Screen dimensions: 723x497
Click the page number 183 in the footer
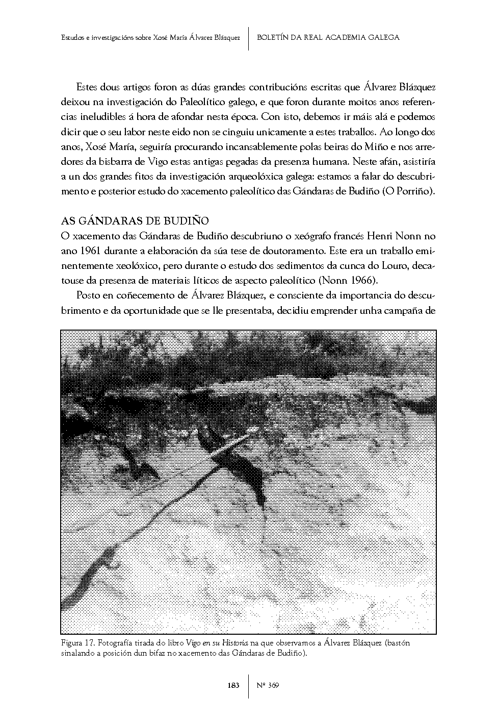pos(233,685)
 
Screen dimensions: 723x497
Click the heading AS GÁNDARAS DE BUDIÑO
pos(135,221)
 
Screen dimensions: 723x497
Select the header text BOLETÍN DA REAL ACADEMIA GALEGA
pos(328,37)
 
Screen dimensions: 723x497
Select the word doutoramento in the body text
pos(298,251)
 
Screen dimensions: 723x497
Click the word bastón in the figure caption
pos(398,643)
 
